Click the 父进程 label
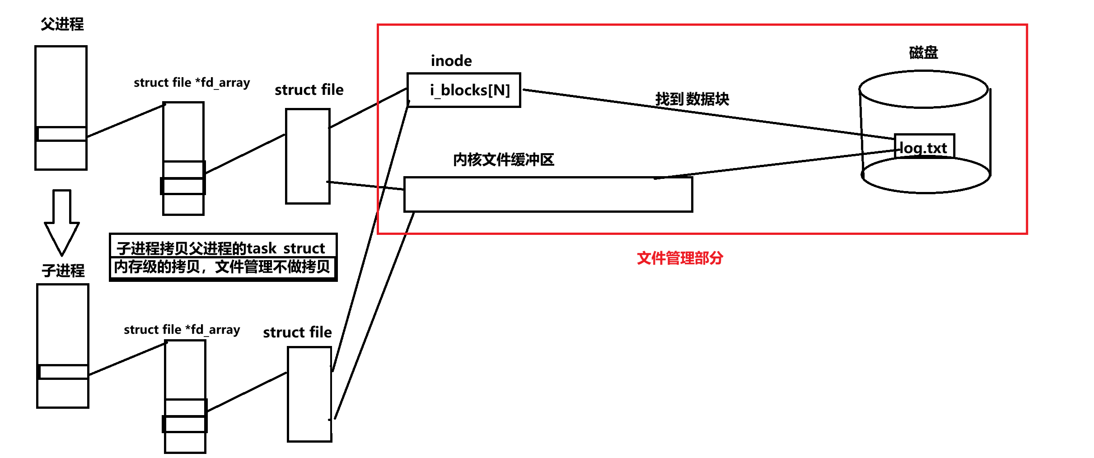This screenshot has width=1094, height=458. [62, 24]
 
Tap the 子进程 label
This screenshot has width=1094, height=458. [63, 271]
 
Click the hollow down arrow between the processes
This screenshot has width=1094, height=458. [62, 221]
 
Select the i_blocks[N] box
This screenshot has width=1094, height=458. [464, 90]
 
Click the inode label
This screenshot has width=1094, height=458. [451, 61]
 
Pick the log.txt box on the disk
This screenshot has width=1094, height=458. [924, 147]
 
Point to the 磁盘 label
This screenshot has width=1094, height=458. [923, 52]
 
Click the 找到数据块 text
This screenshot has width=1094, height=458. [692, 99]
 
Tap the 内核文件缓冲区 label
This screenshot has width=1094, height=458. [503, 159]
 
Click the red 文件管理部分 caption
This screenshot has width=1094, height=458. [680, 258]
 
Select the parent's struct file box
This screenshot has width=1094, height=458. [308, 156]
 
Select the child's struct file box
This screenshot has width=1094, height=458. [310, 394]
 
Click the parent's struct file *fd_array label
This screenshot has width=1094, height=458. [192, 83]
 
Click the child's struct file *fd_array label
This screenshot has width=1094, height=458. [182, 330]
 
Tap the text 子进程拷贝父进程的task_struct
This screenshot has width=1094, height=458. [221, 248]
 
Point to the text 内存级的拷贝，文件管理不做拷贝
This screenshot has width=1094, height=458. [222, 267]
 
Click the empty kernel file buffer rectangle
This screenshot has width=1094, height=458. [548, 195]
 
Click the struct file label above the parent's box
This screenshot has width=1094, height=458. [309, 90]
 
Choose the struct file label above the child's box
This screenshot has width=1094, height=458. [297, 332]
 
